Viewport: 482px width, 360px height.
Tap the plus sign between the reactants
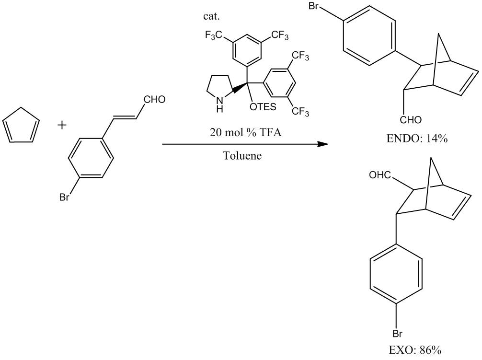click(x=62, y=126)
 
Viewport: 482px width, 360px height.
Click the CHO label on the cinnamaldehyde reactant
click(x=154, y=100)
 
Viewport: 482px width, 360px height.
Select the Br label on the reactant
click(x=64, y=197)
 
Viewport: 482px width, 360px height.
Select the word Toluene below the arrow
click(x=242, y=156)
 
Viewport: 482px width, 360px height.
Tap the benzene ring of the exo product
click(x=396, y=279)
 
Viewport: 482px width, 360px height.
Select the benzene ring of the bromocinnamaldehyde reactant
click(x=92, y=157)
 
